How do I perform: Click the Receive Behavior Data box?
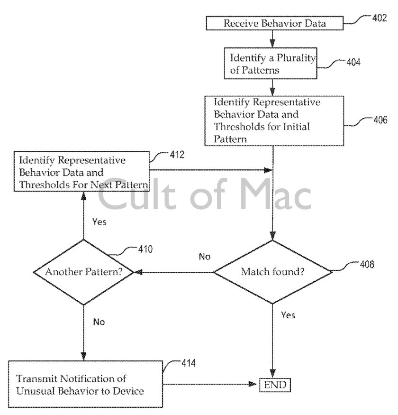275,23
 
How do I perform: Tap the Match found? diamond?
273,272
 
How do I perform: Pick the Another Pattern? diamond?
83,272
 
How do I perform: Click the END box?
275,384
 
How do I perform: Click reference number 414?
188,363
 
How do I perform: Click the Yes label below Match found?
288,315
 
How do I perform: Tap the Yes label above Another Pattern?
99,222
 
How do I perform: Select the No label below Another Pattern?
99,322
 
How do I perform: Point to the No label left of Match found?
204,257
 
